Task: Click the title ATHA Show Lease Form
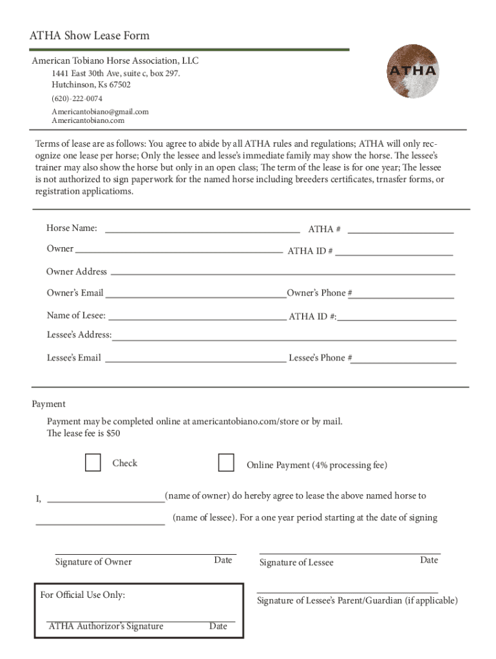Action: click(x=90, y=36)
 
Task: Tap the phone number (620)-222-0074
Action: click(x=77, y=98)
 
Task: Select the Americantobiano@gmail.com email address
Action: click(x=100, y=111)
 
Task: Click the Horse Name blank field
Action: click(x=202, y=229)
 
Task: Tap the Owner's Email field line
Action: click(x=195, y=295)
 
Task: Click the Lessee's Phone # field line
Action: click(x=404, y=360)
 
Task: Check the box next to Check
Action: click(x=93, y=463)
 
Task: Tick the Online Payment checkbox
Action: click(x=226, y=463)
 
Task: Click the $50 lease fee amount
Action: click(x=113, y=434)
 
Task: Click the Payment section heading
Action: click(x=49, y=404)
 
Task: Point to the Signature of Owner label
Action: click(x=93, y=562)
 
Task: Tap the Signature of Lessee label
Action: click(x=296, y=563)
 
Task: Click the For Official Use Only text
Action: click(x=82, y=595)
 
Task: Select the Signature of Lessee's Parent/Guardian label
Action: click(x=358, y=601)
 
